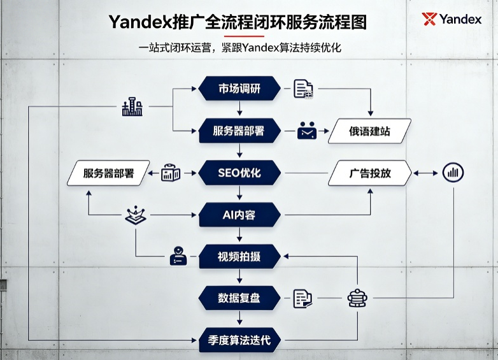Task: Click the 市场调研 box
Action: pos(239,89)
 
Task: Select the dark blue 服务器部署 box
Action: pos(239,131)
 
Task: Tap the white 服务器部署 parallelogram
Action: pos(108,173)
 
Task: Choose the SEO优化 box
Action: pos(239,173)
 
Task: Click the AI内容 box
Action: pos(239,215)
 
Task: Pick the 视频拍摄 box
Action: pos(239,256)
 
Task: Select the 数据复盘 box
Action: pos(239,298)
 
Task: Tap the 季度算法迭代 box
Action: pos(239,340)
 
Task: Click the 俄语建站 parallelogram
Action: pos(370,131)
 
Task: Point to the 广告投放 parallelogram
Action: pos(370,173)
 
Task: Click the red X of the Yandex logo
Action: pos(429,19)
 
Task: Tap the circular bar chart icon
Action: pos(453,173)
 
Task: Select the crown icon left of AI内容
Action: pos(136,215)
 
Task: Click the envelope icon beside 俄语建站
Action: pos(307,131)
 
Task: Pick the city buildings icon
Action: pos(132,106)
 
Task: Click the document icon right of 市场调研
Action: pos(303,89)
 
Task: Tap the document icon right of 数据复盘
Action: pos(302,298)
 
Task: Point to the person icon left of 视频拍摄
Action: pos(178,256)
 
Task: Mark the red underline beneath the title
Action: pos(244,36)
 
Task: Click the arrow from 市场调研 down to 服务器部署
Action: pos(239,108)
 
